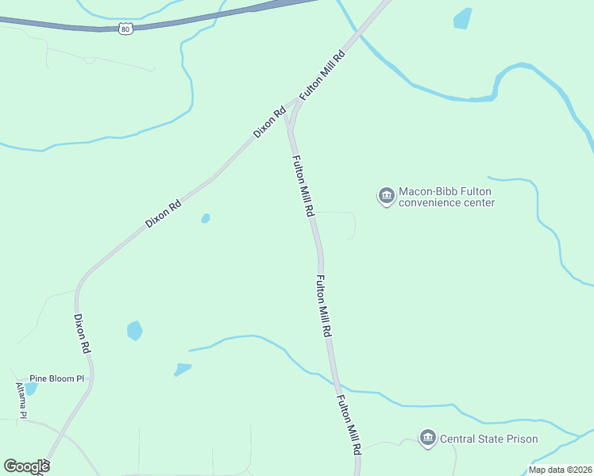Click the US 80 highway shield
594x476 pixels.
coord(125,29)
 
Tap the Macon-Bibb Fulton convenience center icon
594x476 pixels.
coord(387,196)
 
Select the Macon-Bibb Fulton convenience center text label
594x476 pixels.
coord(446,197)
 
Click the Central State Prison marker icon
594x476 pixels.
coord(428,439)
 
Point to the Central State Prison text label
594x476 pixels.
coord(488,439)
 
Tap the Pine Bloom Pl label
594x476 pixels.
coord(56,378)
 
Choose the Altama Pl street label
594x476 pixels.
coord(22,401)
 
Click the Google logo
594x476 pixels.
coord(26,466)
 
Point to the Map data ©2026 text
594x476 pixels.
coord(560,470)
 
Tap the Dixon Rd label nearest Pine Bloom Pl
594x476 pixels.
coord(83,334)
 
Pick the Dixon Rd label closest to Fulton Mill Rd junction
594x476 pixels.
coord(270,123)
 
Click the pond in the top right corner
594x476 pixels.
coord(462,18)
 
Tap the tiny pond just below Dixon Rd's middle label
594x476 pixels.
coord(206,218)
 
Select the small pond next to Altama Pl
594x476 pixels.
coord(31,389)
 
